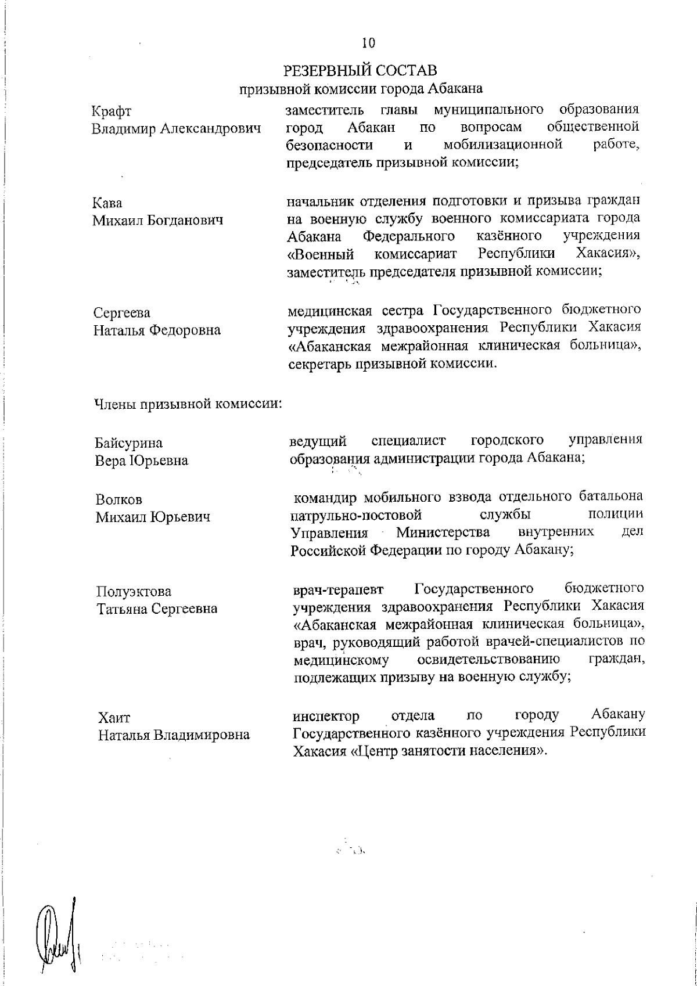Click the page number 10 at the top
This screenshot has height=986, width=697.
click(368, 43)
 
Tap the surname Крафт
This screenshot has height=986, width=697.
click(112, 111)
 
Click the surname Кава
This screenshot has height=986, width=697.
click(107, 203)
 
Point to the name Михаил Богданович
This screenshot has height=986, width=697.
click(158, 221)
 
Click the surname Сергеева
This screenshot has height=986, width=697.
click(122, 312)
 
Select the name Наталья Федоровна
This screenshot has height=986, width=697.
click(157, 330)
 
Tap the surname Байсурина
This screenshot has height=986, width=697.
click(128, 443)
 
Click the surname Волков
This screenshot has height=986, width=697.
click(118, 499)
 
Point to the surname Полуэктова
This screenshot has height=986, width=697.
click(134, 592)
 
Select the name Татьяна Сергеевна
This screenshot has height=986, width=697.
click(157, 609)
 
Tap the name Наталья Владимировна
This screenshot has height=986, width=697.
click(174, 735)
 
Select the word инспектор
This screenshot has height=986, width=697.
click(326, 715)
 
